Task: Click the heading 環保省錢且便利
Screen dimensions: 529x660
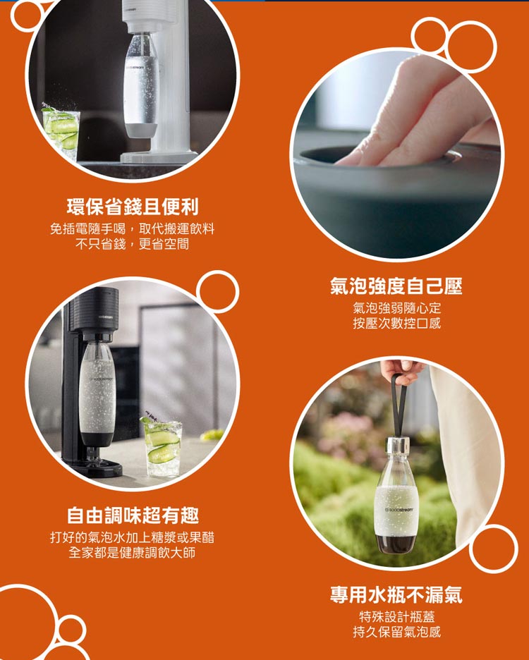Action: pyautogui.click(x=133, y=206)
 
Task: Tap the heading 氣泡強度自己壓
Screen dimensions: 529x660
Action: pyautogui.click(x=396, y=286)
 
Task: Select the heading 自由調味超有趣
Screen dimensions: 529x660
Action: pyautogui.click(x=133, y=515)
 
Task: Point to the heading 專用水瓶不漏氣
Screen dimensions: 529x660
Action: pyautogui.click(x=396, y=594)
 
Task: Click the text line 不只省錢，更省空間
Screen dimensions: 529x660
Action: pyautogui.click(x=133, y=244)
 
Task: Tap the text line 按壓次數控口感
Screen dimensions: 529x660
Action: pyautogui.click(x=396, y=323)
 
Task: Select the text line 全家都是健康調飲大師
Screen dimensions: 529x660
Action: pyautogui.click(x=133, y=552)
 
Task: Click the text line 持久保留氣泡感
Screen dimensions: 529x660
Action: pyautogui.click(x=396, y=632)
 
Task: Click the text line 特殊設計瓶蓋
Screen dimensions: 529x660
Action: pyautogui.click(x=396, y=617)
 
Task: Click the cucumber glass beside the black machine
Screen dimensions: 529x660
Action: pyautogui.click(x=162, y=447)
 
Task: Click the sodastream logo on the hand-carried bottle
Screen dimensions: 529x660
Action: pyautogui.click(x=399, y=510)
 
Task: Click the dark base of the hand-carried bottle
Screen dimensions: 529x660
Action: pyautogui.click(x=396, y=544)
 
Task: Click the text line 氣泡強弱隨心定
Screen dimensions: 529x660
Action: pyautogui.click(x=396, y=309)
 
